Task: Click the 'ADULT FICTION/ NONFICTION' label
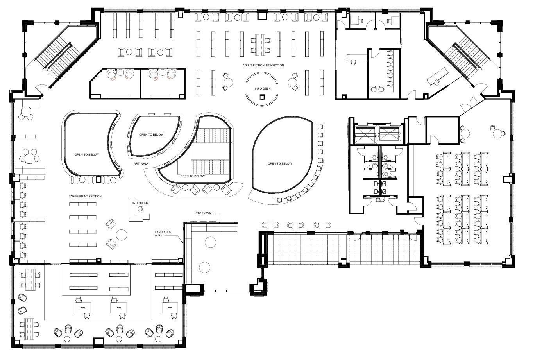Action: pyautogui.click(x=263, y=66)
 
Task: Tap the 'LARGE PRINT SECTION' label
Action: pyautogui.click(x=85, y=196)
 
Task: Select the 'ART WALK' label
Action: pyautogui.click(x=140, y=163)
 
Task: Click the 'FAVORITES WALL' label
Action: pyautogui.click(x=163, y=234)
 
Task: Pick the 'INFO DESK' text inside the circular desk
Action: pyautogui.click(x=263, y=89)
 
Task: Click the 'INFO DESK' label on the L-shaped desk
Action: pyautogui.click(x=140, y=203)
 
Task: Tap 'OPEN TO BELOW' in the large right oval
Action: pyautogui.click(x=279, y=163)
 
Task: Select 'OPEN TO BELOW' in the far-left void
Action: pyautogui.click(x=87, y=154)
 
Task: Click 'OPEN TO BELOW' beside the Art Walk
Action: pyautogui.click(x=151, y=134)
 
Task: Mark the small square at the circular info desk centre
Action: pyautogui.click(x=263, y=97)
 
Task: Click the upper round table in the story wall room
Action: pyautogui.click(x=211, y=242)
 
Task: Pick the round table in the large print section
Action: pyautogui.click(x=122, y=235)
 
